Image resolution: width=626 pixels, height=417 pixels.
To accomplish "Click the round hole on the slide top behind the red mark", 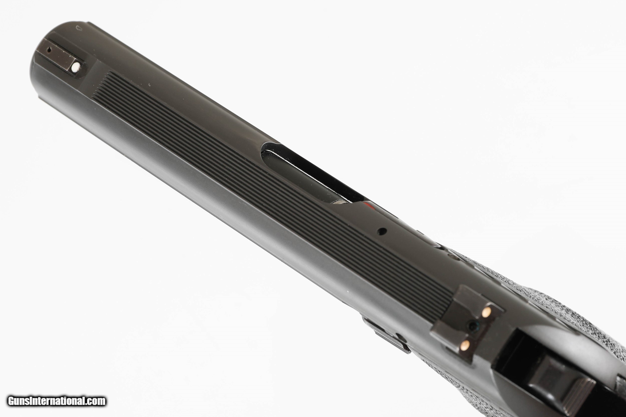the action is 383,231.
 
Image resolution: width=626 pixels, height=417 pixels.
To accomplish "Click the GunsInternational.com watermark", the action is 57,401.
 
